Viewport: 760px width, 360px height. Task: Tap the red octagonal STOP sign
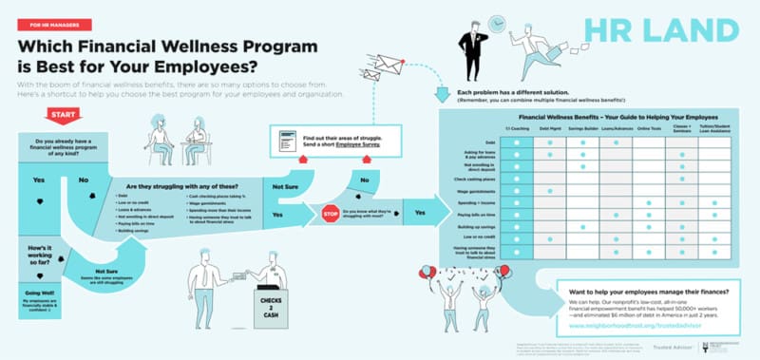click(x=331, y=213)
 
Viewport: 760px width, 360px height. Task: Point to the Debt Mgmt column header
click(x=549, y=127)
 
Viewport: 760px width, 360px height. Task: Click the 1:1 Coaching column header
click(x=516, y=127)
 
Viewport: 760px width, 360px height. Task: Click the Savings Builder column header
click(x=582, y=127)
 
